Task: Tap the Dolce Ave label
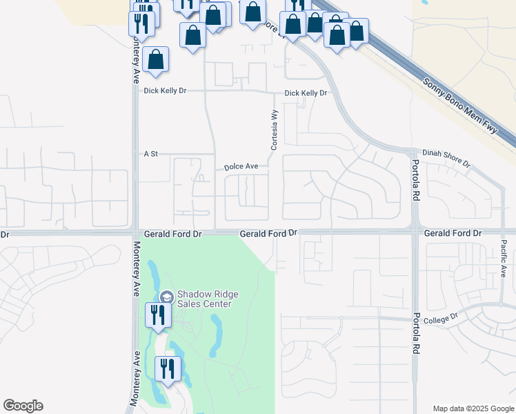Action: (241, 167)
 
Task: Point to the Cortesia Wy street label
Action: (274, 130)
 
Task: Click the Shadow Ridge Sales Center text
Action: (208, 299)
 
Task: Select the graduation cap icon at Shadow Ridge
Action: (166, 297)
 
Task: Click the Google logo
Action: (23, 406)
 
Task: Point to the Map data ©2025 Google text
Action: (473, 408)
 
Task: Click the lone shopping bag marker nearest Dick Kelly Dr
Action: (157, 59)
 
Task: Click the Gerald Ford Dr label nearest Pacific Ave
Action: (453, 234)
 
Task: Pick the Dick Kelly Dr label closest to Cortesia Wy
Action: (306, 93)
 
